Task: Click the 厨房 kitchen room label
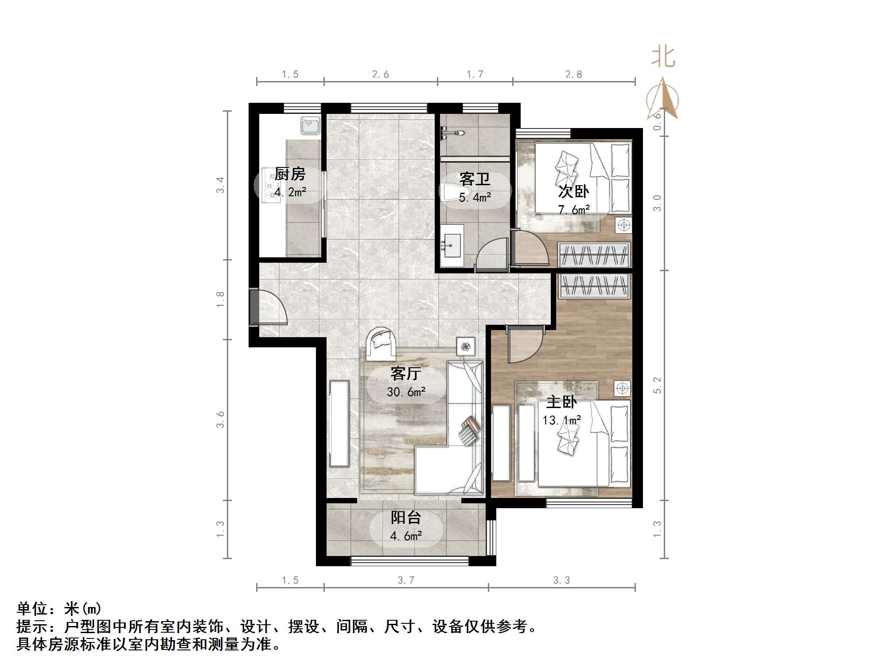pyautogui.click(x=290, y=174)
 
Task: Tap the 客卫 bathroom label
pyautogui.click(x=475, y=179)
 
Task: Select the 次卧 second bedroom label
pyautogui.click(x=573, y=191)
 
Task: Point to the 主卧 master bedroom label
pyautogui.click(x=561, y=402)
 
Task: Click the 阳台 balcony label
pyautogui.click(x=406, y=517)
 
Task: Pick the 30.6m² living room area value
pyautogui.click(x=406, y=392)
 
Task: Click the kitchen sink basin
pyautogui.click(x=310, y=125)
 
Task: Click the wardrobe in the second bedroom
pyautogui.click(x=594, y=255)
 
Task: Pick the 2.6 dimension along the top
pyautogui.click(x=381, y=74)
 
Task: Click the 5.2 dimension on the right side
pyautogui.click(x=657, y=385)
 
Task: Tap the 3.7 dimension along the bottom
pyautogui.click(x=406, y=580)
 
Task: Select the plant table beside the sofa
pyautogui.click(x=465, y=346)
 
